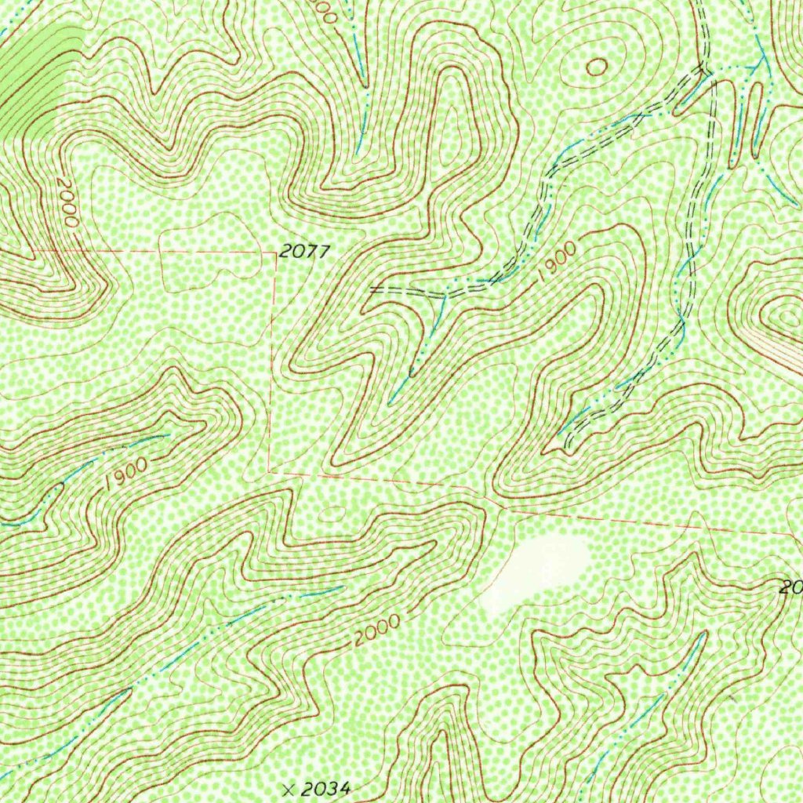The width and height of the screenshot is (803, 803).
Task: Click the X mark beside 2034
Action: tap(292, 789)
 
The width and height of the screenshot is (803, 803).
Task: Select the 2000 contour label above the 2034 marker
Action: tap(376, 631)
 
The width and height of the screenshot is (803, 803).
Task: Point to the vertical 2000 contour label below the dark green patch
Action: tap(67, 202)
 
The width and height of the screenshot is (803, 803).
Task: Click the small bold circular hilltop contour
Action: tap(596, 67)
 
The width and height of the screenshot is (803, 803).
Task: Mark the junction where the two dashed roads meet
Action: tap(705, 71)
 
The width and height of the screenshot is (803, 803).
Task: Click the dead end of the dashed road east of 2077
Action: tap(372, 289)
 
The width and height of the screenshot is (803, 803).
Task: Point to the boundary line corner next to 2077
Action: tap(275, 253)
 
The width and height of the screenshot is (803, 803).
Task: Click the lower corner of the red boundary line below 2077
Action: tap(269, 471)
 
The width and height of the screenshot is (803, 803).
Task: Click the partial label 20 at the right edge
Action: tap(790, 587)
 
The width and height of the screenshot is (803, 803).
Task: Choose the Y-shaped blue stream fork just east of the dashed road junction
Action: tap(758, 63)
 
